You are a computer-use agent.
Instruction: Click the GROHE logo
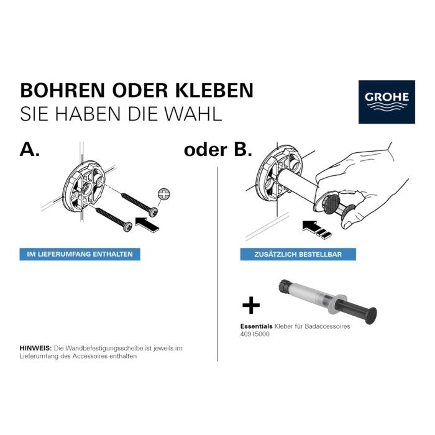tap(387, 101)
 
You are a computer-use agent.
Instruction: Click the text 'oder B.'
tap(217, 150)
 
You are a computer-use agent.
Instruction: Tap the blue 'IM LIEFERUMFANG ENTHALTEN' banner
tap(80, 254)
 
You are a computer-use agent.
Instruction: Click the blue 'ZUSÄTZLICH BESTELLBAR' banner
tap(289, 254)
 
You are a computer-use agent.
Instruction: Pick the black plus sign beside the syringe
tap(250, 305)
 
